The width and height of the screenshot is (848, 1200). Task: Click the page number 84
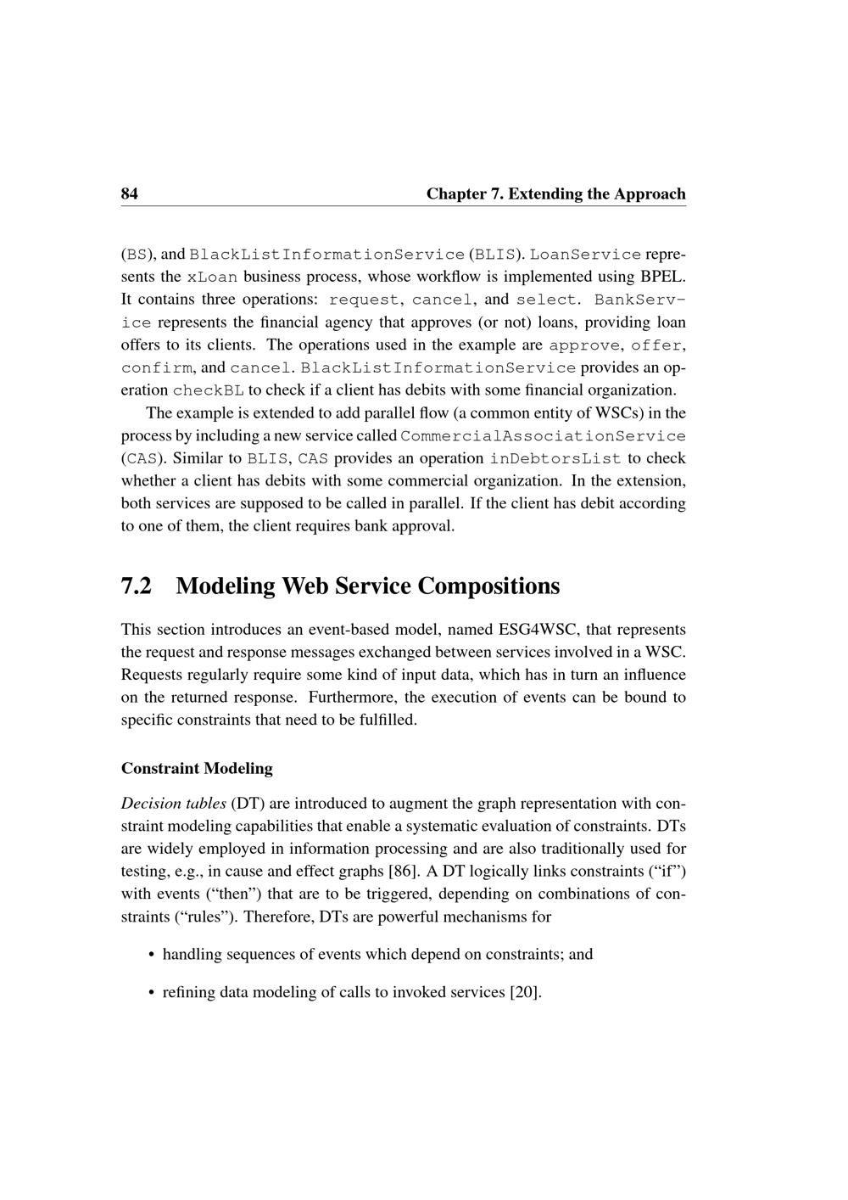[x=130, y=193]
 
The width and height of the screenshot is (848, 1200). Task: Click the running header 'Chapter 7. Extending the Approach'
[x=555, y=193]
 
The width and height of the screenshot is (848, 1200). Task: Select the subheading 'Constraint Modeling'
[x=197, y=769]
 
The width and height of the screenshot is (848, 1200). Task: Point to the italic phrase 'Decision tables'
[x=174, y=804]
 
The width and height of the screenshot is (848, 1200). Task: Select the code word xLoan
[x=212, y=278]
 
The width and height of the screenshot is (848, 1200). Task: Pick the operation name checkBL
[x=208, y=391]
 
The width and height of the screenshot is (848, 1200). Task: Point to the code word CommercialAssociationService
[x=543, y=436]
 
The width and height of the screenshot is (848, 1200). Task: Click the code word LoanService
[x=585, y=255]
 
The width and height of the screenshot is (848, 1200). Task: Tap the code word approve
[x=585, y=345]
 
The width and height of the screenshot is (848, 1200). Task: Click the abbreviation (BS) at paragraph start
[x=136, y=255]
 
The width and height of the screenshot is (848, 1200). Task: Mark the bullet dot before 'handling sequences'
[x=151, y=955]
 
